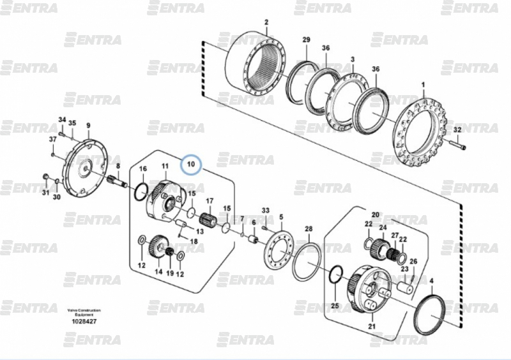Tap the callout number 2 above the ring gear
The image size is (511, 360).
pos(266,22)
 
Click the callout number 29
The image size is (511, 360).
pos(306,40)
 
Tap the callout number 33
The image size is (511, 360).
pos(266,210)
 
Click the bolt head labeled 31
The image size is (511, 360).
pos(45,176)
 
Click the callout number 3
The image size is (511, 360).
pos(352,59)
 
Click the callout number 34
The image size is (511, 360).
pos(62,120)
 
